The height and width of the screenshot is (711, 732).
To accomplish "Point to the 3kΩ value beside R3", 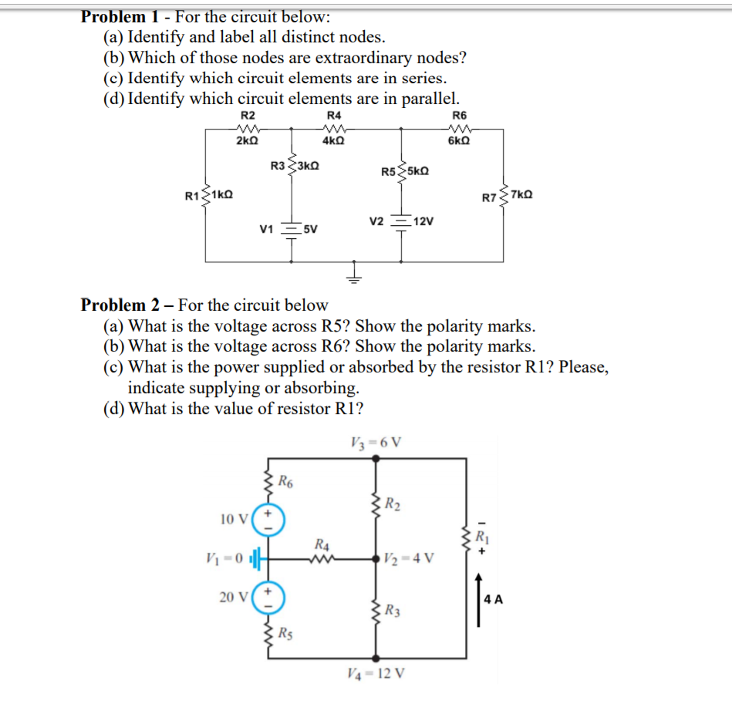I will coord(308,165).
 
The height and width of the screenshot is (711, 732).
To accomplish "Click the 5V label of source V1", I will coord(310,229).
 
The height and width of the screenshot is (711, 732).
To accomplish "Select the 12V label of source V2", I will coord(423,221).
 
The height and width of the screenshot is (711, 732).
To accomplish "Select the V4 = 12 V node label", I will coord(376,673).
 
